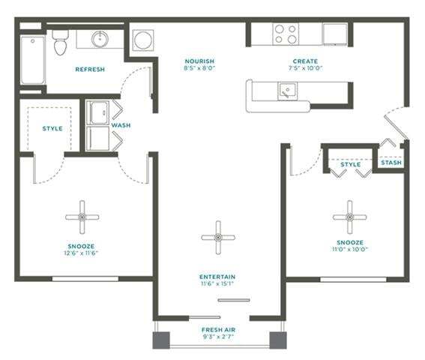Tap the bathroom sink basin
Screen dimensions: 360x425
tap(99, 39)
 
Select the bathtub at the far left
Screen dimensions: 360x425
tap(31, 58)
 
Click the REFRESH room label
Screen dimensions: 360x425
tap(89, 70)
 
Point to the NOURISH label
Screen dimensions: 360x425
tap(199, 61)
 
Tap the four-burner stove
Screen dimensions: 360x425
tap(285, 34)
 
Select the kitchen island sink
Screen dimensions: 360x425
tap(286, 91)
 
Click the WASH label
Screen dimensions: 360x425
tap(121, 125)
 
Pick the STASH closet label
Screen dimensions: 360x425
tap(391, 163)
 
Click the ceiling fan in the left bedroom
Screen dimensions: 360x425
tap(82, 217)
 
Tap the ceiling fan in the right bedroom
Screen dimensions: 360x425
tap(349, 217)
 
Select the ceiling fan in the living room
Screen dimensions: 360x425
tap(218, 237)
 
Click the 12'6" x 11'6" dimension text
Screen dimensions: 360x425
tap(82, 253)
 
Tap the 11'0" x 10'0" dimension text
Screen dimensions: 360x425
tap(349, 250)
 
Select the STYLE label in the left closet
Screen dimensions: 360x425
tap(52, 128)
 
